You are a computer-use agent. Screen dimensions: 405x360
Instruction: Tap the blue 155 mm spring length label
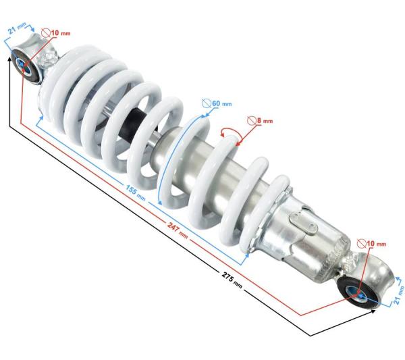[136, 192]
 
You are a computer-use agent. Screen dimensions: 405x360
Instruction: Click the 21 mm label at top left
[17, 28]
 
